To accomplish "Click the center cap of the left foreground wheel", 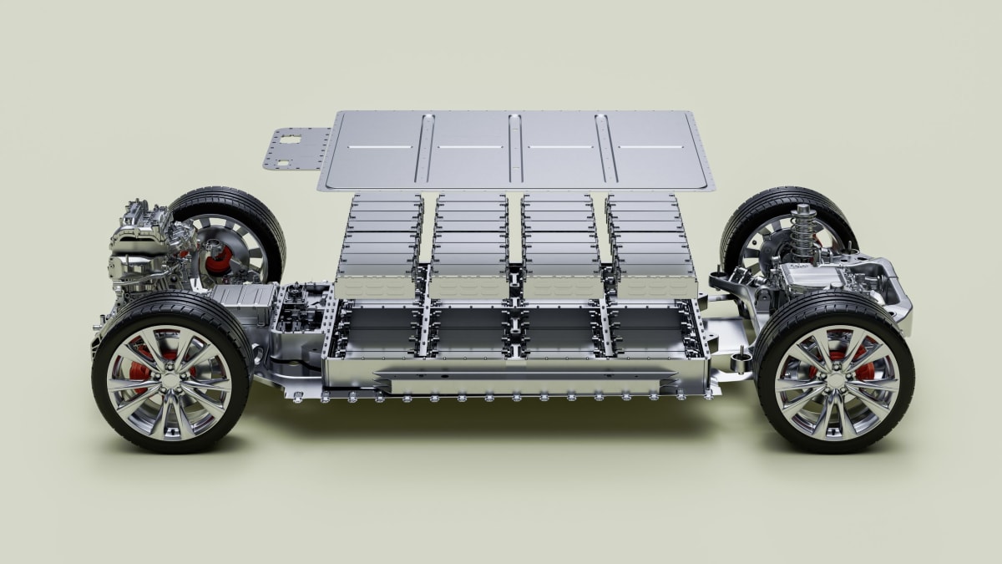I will click(x=172, y=380).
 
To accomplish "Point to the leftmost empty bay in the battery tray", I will click(x=380, y=330).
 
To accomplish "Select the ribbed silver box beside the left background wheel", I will click(x=242, y=301).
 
